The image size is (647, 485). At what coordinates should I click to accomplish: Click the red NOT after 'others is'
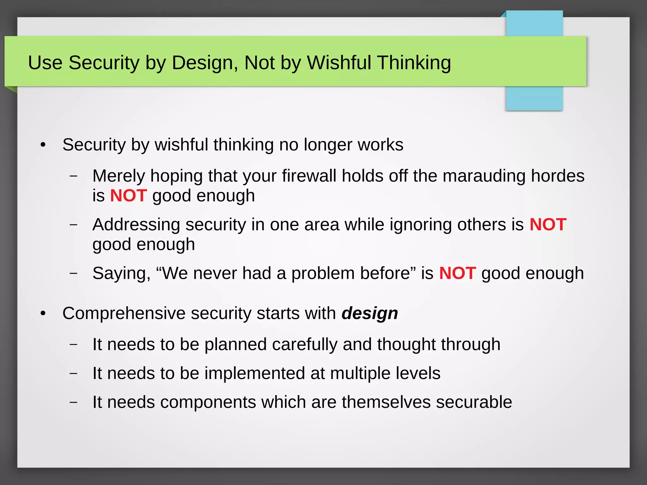pos(548,225)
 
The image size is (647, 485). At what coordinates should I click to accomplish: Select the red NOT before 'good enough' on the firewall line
pos(128,195)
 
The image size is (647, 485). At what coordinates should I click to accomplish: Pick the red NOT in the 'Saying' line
pos(457,273)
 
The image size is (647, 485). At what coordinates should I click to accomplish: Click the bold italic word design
pos(370,314)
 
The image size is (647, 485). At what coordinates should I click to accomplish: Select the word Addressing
pos(136,225)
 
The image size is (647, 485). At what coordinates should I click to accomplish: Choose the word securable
pos(474,402)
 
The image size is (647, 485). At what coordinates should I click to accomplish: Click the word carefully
pos(305,344)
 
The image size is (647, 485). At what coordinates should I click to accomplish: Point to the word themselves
pos(386,402)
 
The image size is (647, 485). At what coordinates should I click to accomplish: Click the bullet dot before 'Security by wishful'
pos(43,145)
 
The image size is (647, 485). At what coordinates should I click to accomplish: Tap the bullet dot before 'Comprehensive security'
pos(43,314)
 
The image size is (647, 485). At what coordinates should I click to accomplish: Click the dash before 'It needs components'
pos(73,402)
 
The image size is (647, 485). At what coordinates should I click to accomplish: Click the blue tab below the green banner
pos(534,98)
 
